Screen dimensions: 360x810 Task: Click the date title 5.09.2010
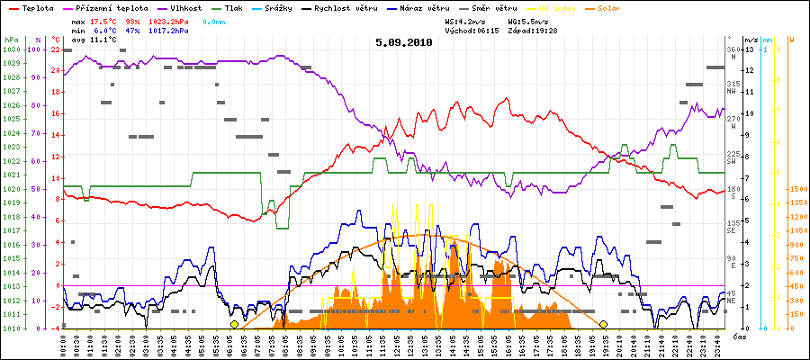pyautogui.click(x=404, y=42)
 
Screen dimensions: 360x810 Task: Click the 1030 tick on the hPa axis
pyautogui.click(x=11, y=49)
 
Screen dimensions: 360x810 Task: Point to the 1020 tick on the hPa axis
pyautogui.click(x=11, y=189)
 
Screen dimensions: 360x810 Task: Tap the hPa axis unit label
pyautogui.click(x=11, y=40)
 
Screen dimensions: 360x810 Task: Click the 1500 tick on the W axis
pyautogui.click(x=797, y=189)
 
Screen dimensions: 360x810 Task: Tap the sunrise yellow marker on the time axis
pyautogui.click(x=234, y=324)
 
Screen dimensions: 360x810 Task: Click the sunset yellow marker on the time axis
pyautogui.click(x=603, y=324)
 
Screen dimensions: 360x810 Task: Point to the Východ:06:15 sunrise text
pyautogui.click(x=471, y=30)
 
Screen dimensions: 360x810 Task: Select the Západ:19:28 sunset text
pyautogui.click(x=532, y=30)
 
